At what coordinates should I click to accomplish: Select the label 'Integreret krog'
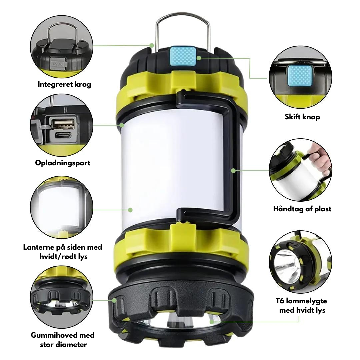65,84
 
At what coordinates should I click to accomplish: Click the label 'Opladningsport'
63,163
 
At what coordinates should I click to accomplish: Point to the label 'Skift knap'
302,117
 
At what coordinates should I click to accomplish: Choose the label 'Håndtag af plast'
302,209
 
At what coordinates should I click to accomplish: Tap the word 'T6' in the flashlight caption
280,301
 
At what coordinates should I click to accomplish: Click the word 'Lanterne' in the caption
39,247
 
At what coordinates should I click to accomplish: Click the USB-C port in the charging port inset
62,136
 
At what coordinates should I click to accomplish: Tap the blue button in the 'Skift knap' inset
300,76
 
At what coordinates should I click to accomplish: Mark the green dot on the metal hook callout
152,45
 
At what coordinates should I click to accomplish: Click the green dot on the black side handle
233,171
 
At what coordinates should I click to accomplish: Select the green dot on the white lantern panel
130,210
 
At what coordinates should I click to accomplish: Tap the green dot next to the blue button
199,58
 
